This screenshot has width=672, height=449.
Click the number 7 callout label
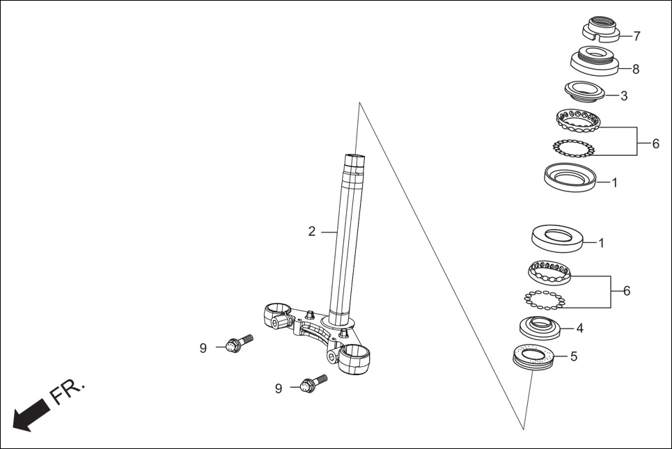pos(636,36)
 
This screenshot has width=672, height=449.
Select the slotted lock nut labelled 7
pos(600,31)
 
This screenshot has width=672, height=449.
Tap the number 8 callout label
pos(635,69)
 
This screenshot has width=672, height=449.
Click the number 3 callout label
pos(623,96)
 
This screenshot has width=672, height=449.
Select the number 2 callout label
pos(312,231)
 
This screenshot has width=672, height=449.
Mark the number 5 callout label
pos(574,356)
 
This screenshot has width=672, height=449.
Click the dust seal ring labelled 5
pos(534,356)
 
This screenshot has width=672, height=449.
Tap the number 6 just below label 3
pos(655,144)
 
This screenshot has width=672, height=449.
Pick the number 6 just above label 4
pos(626,291)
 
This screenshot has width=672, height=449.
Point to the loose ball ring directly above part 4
pos(544,299)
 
